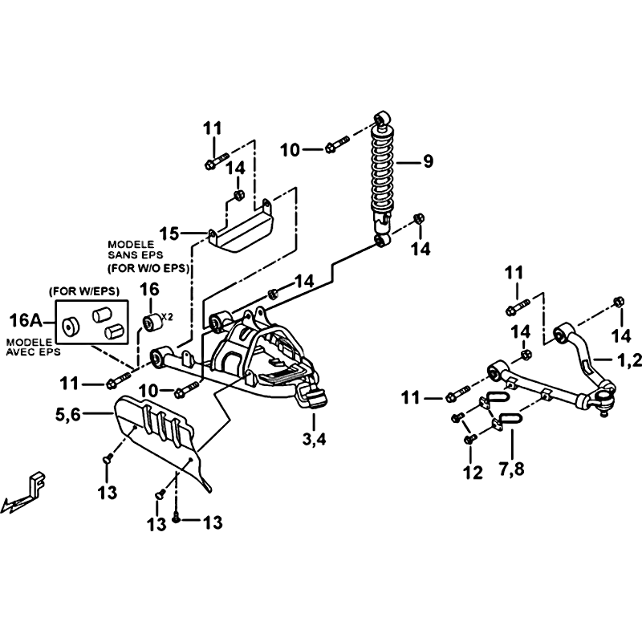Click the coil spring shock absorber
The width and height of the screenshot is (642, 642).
coord(382,179)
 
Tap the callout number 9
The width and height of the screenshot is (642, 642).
coord(428,161)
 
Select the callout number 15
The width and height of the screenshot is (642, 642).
coord(169,234)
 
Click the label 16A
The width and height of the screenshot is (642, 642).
coord(26,320)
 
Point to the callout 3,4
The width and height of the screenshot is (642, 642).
coord(314,439)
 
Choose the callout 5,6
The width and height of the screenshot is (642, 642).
coord(68,414)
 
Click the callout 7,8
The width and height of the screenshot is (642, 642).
coord(512,468)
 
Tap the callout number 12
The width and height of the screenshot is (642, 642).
coord(473,473)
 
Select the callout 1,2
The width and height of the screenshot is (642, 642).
coord(630,360)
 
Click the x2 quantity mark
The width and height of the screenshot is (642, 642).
coord(168,316)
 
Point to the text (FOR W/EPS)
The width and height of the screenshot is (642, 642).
coord(84,291)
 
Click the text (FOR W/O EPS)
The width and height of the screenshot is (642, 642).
coord(148,269)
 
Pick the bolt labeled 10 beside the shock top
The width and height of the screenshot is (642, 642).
coord(337,144)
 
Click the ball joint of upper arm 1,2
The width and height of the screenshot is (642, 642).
coord(605,400)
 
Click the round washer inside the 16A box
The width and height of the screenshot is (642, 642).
coord(71,327)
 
